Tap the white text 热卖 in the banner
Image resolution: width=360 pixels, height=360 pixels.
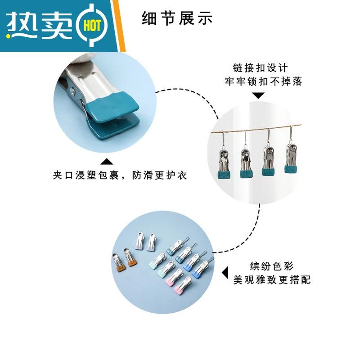tap(39, 26)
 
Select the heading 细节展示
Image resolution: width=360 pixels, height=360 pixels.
tap(177, 18)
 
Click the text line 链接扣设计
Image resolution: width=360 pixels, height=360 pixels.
tap(260, 68)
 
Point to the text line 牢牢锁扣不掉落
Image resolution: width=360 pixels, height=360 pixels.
tap(263, 81)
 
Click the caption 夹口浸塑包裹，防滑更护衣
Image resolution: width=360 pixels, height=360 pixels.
tap(120, 175)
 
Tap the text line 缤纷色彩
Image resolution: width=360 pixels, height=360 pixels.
tap(272, 266)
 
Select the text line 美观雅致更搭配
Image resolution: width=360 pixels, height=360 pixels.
tap(272, 279)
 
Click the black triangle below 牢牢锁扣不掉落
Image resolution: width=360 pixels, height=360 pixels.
tap(258, 95)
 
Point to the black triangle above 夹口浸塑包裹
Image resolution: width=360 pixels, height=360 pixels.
tap(107, 162)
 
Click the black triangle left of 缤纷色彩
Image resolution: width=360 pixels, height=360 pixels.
tap(225, 273)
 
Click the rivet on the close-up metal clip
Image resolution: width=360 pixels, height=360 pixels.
tap(73, 91)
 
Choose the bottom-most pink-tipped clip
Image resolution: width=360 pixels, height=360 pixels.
tap(183, 285)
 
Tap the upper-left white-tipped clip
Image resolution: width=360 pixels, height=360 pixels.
tap(140, 241)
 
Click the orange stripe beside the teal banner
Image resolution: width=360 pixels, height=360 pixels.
tap(119, 26)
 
